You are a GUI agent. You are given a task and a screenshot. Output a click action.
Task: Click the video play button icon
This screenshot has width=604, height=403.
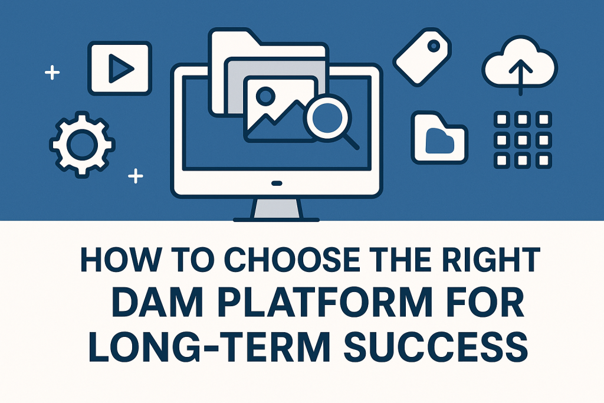pyautogui.click(x=120, y=68)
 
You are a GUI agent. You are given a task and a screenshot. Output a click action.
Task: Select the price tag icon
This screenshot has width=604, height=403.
pyautogui.click(x=422, y=57)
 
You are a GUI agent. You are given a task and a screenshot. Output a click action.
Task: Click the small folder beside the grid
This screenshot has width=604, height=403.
pyautogui.click(x=439, y=137)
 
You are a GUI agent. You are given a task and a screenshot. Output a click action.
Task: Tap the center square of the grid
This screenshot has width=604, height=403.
pyautogui.click(x=523, y=140)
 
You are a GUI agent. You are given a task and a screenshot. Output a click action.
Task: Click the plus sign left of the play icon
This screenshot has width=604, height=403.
pyautogui.click(x=52, y=73)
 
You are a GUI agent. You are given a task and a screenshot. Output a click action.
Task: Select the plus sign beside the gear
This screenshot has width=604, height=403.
pyautogui.click(x=136, y=176)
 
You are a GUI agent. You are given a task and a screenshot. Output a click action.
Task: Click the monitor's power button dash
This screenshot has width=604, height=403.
pyautogui.click(x=277, y=183)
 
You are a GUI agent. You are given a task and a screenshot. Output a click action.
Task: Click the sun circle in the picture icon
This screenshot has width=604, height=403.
pyautogui.click(x=265, y=96)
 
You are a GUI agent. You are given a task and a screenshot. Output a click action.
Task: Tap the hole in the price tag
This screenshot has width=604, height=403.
pyautogui.click(x=434, y=46)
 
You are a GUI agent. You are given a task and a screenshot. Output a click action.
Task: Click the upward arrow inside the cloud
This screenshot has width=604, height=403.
pyautogui.click(x=520, y=77)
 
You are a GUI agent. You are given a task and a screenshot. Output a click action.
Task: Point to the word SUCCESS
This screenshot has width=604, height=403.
pyautogui.click(x=435, y=348)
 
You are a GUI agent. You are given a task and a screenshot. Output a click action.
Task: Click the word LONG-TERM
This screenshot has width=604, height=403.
pyautogui.click(x=209, y=348)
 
